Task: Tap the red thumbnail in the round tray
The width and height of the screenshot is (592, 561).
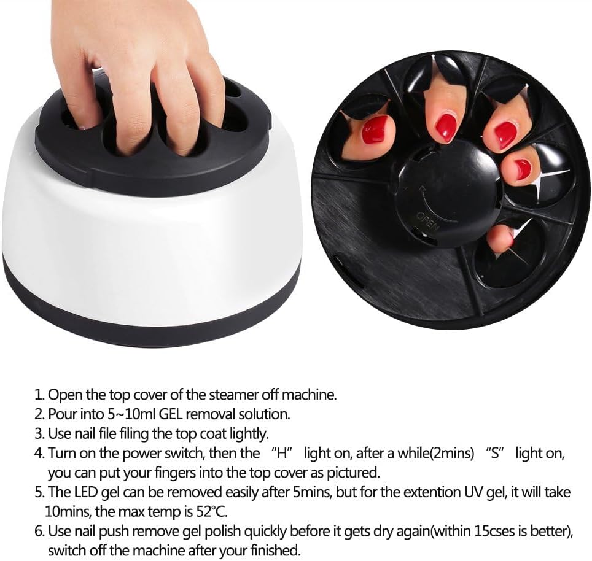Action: click(x=374, y=130)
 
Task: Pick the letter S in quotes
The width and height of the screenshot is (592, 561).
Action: click(x=496, y=454)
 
